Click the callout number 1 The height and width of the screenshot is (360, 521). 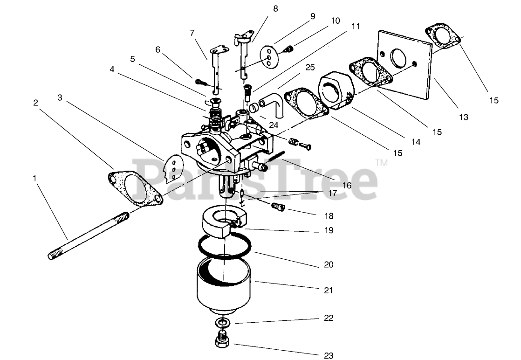[34, 178]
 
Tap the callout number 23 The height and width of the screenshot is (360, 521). [329, 356]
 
